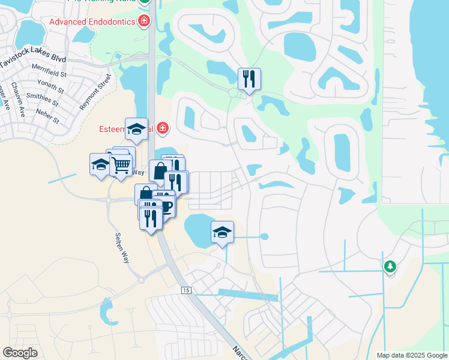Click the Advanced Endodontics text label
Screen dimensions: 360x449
click(92, 22)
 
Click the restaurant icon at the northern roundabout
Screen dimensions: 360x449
click(249, 79)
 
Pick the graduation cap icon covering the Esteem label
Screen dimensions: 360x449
click(136, 128)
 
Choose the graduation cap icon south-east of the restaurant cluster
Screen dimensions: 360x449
click(222, 232)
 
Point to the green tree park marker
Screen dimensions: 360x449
click(390, 266)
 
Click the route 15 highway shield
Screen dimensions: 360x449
click(187, 290)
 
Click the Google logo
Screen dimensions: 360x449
click(20, 353)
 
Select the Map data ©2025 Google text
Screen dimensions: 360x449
click(411, 355)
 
